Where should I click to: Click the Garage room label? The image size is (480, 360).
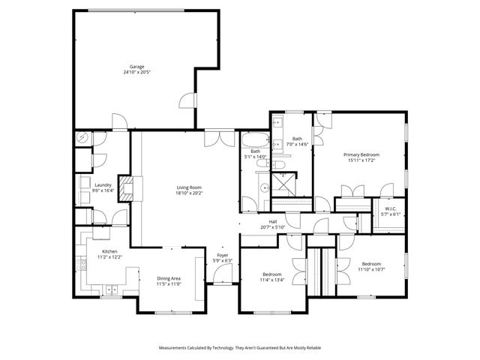tap(136, 67)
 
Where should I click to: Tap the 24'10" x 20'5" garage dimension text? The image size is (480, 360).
tap(136, 73)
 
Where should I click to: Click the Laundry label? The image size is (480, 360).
tap(103, 185)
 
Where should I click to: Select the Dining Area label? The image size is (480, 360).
tap(169, 279)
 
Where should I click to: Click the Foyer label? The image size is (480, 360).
tap(223, 255)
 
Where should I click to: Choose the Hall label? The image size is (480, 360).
tap(274, 221)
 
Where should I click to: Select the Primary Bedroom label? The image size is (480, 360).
tap(361, 154)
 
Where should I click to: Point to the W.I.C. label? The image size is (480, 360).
tap(391, 208)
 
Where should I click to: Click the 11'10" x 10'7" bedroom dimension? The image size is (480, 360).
tap(371, 269)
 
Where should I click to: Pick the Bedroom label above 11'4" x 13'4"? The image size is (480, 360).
tap(272, 274)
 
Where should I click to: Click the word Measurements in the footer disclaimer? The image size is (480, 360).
tap(176, 348)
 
